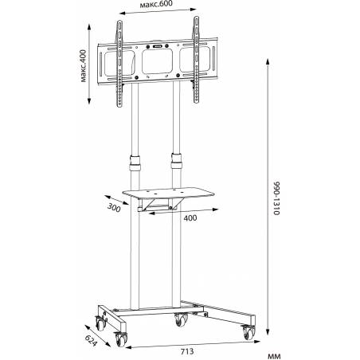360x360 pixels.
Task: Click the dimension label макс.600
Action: [x=156, y=5]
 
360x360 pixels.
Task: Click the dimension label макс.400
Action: [x=83, y=66]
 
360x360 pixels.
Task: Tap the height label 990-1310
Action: [x=276, y=198]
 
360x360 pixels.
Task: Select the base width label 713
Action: [x=187, y=351]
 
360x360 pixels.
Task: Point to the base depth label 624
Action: [x=91, y=341]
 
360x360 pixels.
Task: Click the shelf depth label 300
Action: [x=114, y=207]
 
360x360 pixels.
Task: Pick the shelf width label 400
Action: [x=190, y=218]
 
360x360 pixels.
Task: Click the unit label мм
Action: [x=274, y=356]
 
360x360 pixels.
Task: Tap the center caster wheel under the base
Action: [x=181, y=319]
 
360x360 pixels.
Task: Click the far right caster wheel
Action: [x=249, y=332]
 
